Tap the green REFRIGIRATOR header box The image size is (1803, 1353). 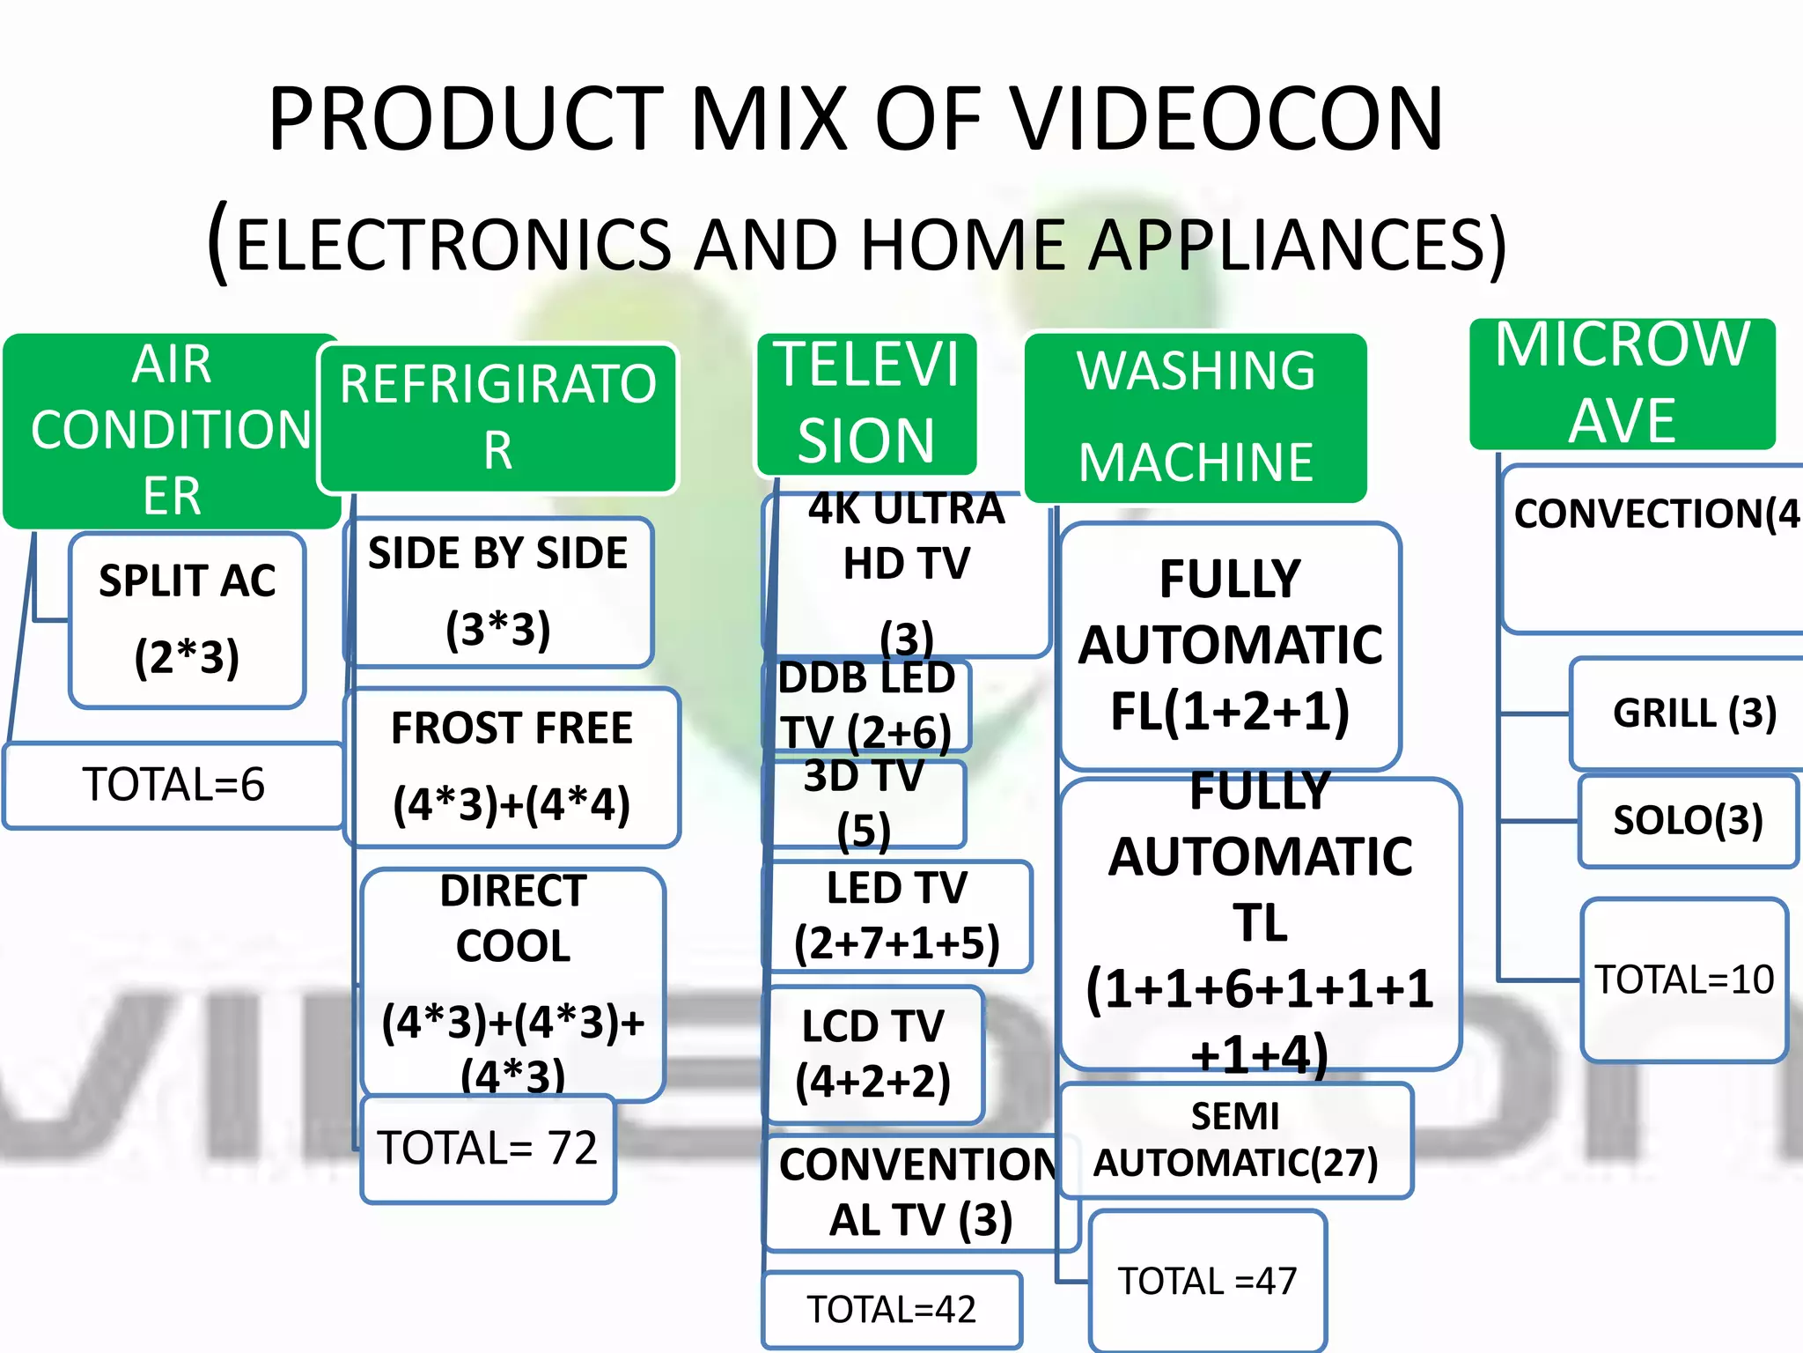(498, 418)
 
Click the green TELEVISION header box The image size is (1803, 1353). (866, 403)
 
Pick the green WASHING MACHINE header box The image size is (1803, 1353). (1196, 418)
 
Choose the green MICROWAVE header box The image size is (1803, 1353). (1623, 384)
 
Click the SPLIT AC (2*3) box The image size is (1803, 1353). (187, 619)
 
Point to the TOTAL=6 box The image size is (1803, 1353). (173, 785)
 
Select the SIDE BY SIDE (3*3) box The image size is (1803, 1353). (498, 592)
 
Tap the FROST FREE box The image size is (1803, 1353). (511, 767)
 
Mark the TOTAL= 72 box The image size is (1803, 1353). (488, 1149)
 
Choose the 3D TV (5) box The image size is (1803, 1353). (864, 803)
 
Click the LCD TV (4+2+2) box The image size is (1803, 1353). (873, 1054)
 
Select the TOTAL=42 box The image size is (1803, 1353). (892, 1310)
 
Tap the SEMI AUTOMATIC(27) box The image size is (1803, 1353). (1236, 1141)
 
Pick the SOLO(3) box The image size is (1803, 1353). (1688, 821)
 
